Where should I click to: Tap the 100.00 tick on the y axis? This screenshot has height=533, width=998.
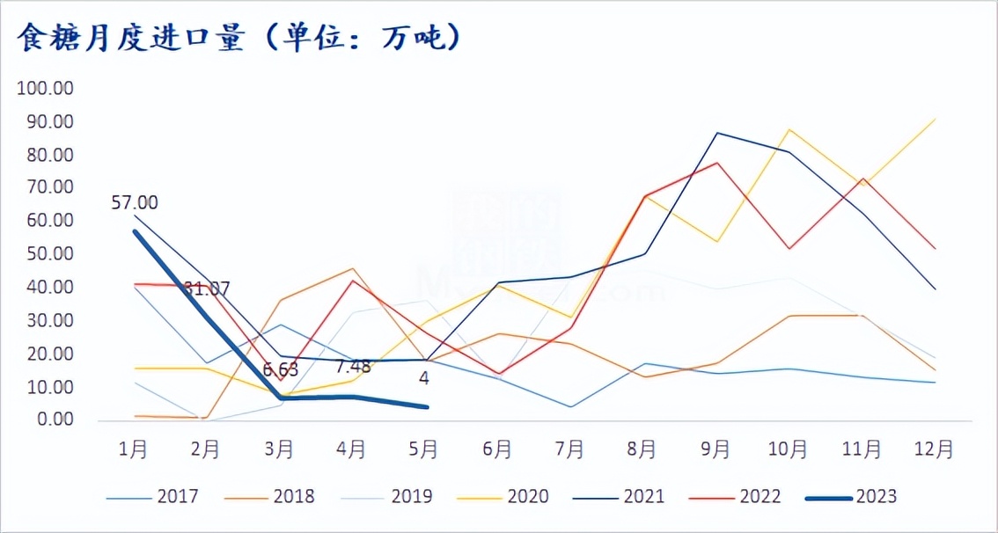pos(47,89)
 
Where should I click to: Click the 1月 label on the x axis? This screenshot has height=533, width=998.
pos(133,449)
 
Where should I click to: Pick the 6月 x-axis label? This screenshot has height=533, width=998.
pos(497,449)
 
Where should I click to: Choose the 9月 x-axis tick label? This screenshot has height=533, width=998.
pos(715,449)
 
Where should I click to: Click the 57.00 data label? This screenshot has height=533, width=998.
pos(135,203)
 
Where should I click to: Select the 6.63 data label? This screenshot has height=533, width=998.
pos(280,369)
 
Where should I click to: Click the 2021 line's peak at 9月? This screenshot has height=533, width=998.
pos(716,133)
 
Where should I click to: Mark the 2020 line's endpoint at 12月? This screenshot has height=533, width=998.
pos(935,119)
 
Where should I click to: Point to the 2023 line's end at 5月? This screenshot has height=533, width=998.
pos(426,406)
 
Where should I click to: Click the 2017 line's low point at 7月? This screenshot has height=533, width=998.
pos(570,406)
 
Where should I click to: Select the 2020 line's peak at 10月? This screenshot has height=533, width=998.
pos(789,129)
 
